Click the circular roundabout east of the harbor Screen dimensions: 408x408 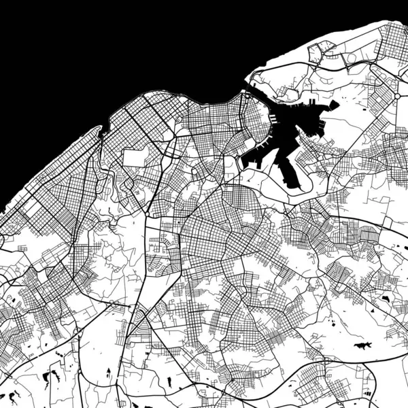click(396, 97)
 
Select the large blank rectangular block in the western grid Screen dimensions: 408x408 click(134, 158)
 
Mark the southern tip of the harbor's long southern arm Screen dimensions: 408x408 click(294, 185)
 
